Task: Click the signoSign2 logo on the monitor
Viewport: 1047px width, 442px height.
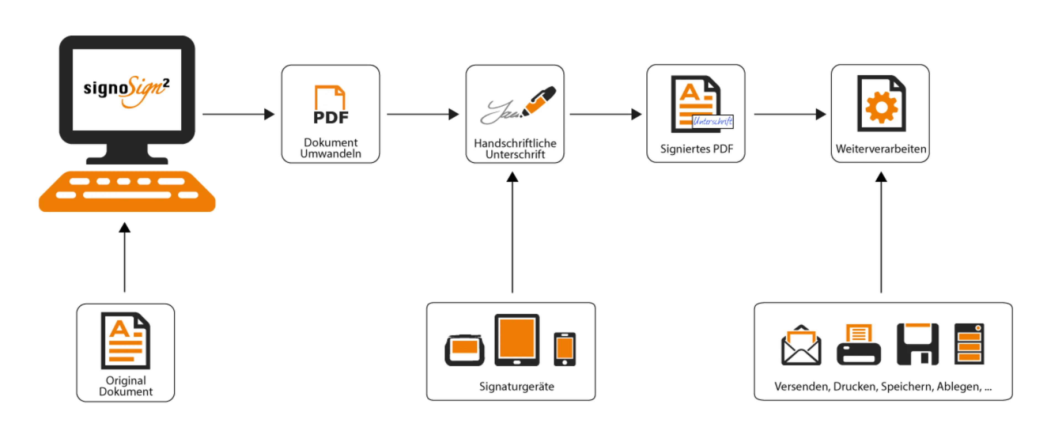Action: (x=126, y=90)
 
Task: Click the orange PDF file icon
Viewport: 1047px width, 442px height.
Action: (x=330, y=104)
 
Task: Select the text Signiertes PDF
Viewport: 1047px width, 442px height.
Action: (x=696, y=149)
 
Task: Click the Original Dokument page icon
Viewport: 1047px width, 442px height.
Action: (x=126, y=340)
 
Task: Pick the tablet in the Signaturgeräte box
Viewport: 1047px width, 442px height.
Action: (x=517, y=340)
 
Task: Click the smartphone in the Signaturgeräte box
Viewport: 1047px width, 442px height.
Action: (x=565, y=349)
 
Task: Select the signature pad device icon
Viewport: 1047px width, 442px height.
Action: (x=464, y=350)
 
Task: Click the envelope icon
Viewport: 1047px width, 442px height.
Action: (x=801, y=346)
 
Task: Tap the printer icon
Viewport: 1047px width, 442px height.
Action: (x=858, y=346)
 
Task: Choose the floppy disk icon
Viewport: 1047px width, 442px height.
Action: (x=917, y=344)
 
